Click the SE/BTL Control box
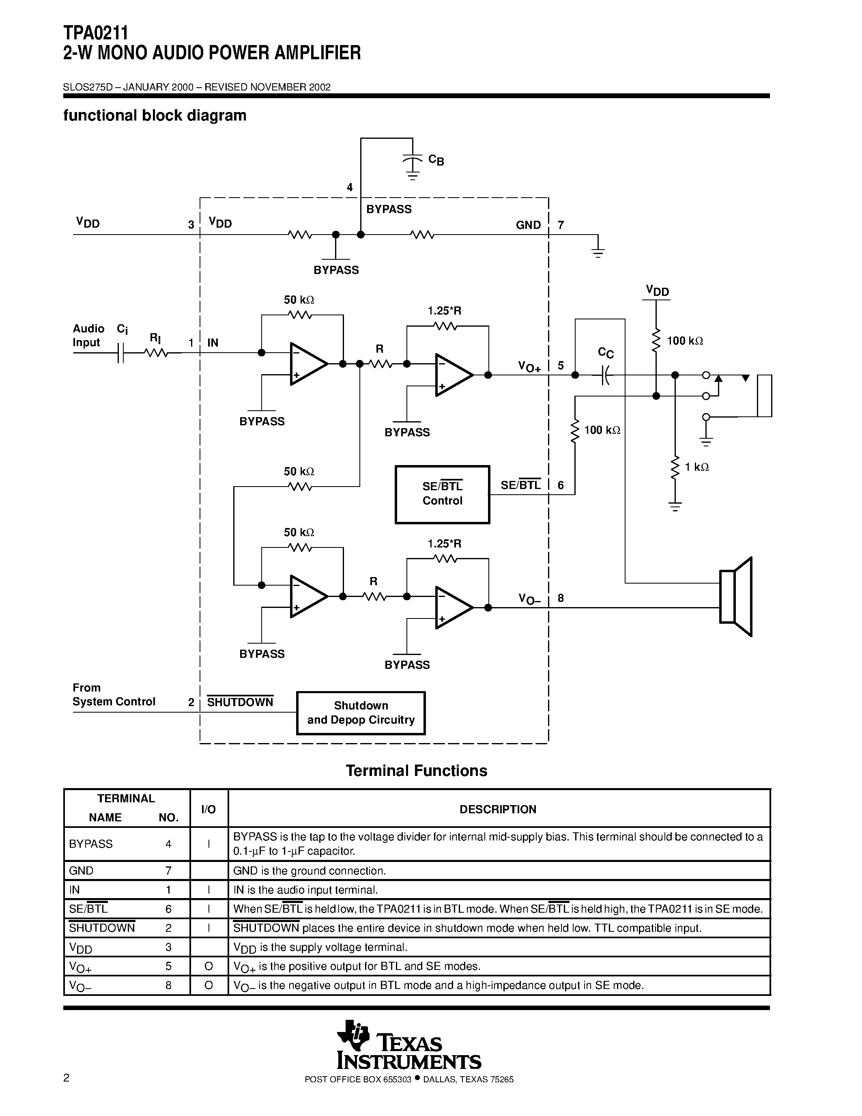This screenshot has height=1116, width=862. pyautogui.click(x=442, y=494)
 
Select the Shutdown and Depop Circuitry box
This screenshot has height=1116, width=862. pyautogui.click(x=361, y=713)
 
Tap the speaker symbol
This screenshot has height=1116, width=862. pyautogui.click(x=736, y=597)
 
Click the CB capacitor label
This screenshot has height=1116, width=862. pyautogui.click(x=436, y=160)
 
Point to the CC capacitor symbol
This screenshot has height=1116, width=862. pyautogui.click(x=605, y=375)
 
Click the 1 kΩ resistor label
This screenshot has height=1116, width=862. pyautogui.click(x=696, y=467)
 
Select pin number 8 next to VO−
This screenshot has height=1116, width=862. pyautogui.click(x=561, y=598)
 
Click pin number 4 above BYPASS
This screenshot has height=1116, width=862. pyautogui.click(x=350, y=187)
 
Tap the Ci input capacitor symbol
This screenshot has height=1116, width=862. pyautogui.click(x=120, y=353)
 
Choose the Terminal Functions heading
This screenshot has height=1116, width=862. pyautogui.click(x=416, y=771)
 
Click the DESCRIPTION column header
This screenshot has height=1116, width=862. pyautogui.click(x=498, y=810)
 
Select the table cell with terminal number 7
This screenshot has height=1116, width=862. pyautogui.click(x=168, y=871)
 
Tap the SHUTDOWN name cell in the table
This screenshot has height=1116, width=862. pyautogui.click(x=102, y=928)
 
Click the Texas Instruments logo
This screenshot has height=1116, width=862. pyautogui.click(x=408, y=1045)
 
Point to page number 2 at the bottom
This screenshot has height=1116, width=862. pyautogui.click(x=67, y=1078)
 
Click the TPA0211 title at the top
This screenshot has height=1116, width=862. pyautogui.click(x=95, y=33)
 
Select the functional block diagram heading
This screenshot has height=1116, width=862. pyautogui.click(x=155, y=116)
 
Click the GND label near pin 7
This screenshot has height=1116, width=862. pyautogui.click(x=528, y=225)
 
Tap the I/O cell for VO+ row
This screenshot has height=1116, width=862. pyautogui.click(x=209, y=966)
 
